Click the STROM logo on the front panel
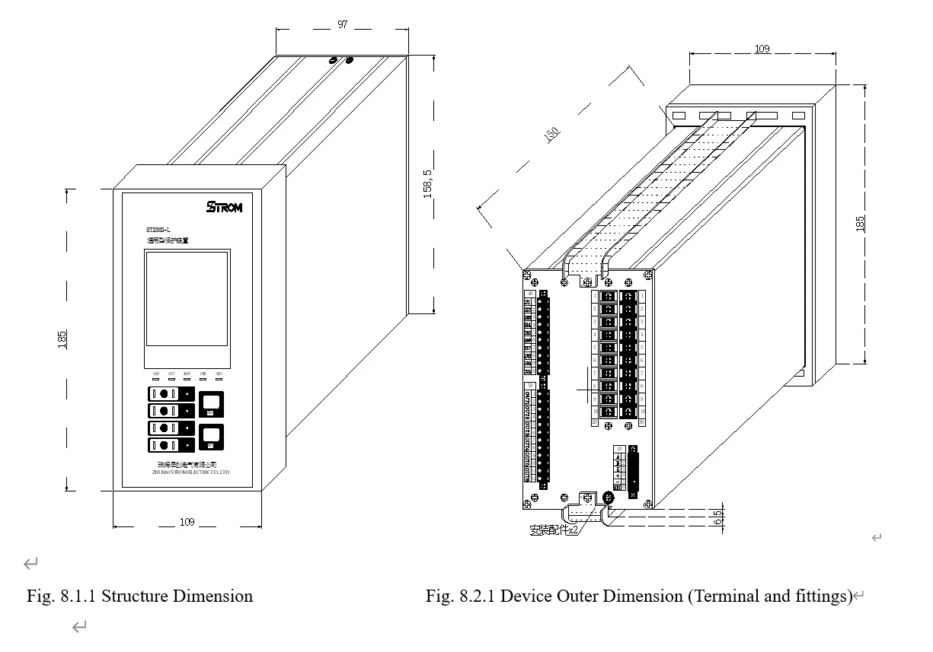point(224,207)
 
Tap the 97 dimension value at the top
point(343,24)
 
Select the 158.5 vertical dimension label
point(428,185)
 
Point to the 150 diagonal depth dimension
point(551,132)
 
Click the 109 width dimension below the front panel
point(187,522)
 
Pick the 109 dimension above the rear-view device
point(762,49)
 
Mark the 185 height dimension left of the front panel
point(62,339)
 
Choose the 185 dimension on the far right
point(860,224)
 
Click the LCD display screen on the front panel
point(187,299)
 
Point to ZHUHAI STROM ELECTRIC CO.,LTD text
point(190,472)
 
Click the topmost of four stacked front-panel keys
point(171,393)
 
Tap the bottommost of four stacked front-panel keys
point(171,444)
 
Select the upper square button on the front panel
point(211,404)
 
